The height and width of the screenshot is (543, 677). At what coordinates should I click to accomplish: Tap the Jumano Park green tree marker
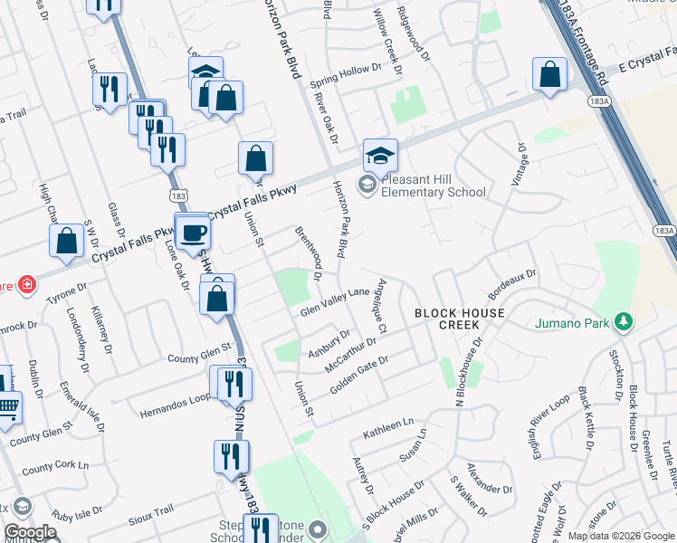623,321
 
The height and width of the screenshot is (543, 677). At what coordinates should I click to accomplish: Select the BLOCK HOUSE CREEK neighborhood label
459,319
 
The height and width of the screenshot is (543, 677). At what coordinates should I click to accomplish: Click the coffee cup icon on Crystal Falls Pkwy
191,233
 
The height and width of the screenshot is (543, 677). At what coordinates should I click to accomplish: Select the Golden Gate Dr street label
359,373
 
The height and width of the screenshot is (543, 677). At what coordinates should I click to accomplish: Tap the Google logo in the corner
31,532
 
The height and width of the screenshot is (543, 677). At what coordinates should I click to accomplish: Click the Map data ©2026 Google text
620,536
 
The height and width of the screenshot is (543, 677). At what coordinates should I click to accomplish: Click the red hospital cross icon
28,284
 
